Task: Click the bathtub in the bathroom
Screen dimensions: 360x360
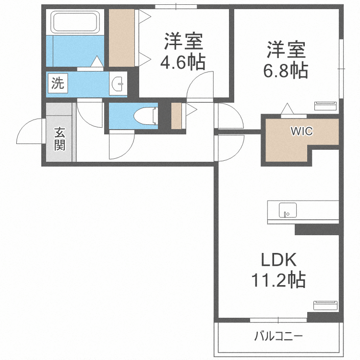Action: pos(75,22)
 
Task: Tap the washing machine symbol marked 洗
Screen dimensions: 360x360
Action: pos(58,83)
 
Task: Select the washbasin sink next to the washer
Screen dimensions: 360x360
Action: pos(118,84)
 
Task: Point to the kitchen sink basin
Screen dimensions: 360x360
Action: pos(288,210)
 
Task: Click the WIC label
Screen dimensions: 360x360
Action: pos(302,131)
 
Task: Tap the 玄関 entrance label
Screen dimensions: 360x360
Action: pos(60,139)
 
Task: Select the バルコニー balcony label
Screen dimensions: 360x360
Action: pos(278,336)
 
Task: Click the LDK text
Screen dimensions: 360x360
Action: pos(279,260)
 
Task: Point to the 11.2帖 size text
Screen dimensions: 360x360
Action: pos(278,280)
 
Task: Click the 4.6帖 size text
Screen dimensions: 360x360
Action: pos(183,62)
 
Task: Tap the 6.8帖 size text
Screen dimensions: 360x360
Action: pos(286,70)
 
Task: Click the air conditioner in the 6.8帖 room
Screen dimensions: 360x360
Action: pos(325,106)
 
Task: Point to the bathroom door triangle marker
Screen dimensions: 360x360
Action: pos(97,61)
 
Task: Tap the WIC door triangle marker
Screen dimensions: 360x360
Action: pos(287,108)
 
